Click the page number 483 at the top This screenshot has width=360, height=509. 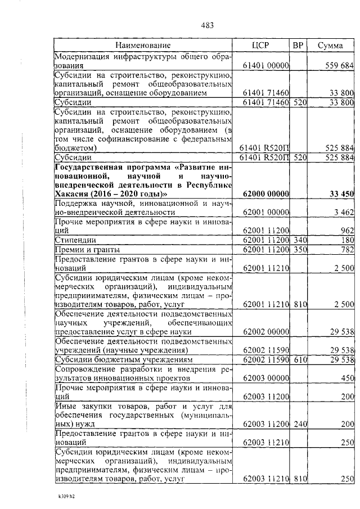click(x=207, y=25)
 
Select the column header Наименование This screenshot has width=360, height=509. click(x=143, y=45)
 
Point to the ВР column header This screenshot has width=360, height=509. click(x=298, y=45)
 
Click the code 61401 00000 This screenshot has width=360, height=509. click(x=265, y=66)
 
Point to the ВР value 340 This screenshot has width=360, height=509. click(x=299, y=240)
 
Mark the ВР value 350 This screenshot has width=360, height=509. click(x=299, y=249)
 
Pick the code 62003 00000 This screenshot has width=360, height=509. click(x=265, y=379)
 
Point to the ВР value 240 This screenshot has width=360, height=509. click(x=299, y=422)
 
